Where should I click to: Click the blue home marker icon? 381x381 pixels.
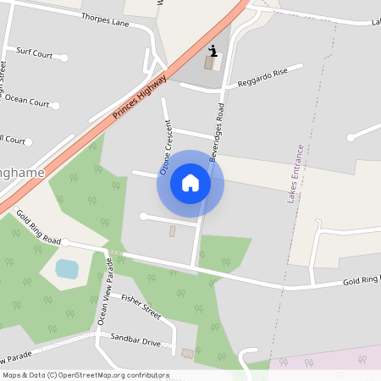(190, 183)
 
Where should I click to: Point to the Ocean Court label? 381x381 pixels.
(27, 100)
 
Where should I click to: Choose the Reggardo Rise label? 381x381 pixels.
(262, 78)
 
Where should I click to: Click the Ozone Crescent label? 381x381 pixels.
(169, 146)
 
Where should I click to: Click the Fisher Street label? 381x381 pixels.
(141, 306)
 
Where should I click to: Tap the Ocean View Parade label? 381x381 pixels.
(104, 293)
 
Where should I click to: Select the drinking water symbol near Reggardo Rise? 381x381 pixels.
(213, 49)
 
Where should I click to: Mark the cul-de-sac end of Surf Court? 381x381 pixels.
(64, 58)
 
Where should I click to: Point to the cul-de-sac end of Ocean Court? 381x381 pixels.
(56, 106)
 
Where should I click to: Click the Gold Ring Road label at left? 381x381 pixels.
(39, 227)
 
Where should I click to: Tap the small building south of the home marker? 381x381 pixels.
(173, 231)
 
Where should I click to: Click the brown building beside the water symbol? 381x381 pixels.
(208, 63)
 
